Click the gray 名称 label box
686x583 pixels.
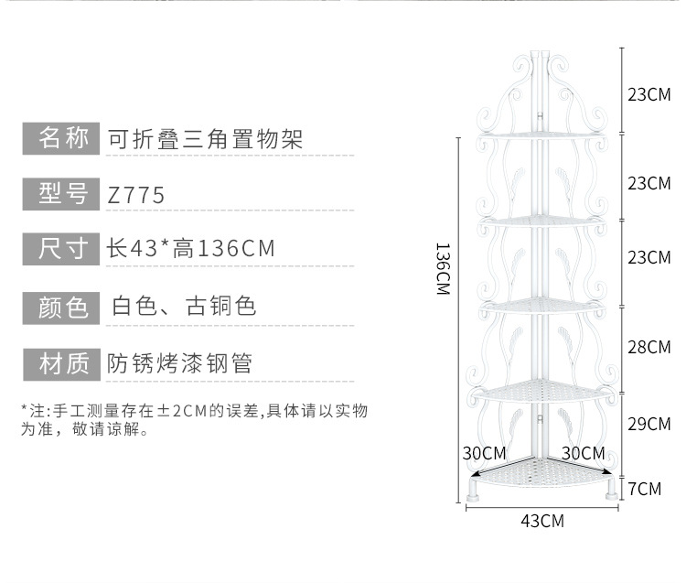pyautogui.click(x=60, y=138)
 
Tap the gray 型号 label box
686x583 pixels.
pyautogui.click(x=60, y=194)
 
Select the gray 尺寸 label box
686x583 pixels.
pyautogui.click(x=60, y=249)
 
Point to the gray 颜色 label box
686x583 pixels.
pyautogui.click(x=60, y=307)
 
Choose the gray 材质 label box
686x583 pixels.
pyautogui.click(x=60, y=363)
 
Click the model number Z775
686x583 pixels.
pyautogui.click(x=136, y=195)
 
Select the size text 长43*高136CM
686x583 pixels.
pyautogui.click(x=190, y=249)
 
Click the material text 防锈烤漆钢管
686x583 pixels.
pyautogui.click(x=179, y=363)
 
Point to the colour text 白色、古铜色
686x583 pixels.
pyautogui.click(x=183, y=307)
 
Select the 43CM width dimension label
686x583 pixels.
pyautogui.click(x=541, y=522)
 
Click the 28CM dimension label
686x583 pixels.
pyautogui.click(x=648, y=348)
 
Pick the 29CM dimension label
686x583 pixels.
pyautogui.click(x=648, y=424)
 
